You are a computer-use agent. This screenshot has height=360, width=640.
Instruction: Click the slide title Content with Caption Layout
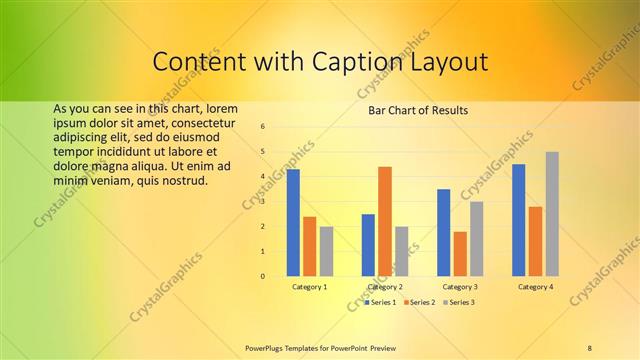pyautogui.click(x=320, y=62)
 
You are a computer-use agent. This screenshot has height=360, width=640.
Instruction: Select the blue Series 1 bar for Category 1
pyautogui.click(x=293, y=222)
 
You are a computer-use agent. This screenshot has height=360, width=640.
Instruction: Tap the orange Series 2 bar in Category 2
pyautogui.click(x=385, y=221)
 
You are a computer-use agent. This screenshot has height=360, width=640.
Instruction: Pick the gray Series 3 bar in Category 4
pyautogui.click(x=552, y=213)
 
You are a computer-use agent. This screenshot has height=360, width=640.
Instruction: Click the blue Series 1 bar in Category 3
pyautogui.click(x=444, y=232)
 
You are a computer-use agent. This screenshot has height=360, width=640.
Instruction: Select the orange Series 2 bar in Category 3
pyautogui.click(x=460, y=254)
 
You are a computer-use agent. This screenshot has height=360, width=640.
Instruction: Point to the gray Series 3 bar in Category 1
pyautogui.click(x=326, y=251)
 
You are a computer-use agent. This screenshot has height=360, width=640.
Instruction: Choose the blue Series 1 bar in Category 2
pyautogui.click(x=369, y=245)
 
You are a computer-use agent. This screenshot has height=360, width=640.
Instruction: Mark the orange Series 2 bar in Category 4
pyautogui.click(x=536, y=241)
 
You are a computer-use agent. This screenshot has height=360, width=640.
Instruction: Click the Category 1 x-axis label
pyautogui.click(x=310, y=287)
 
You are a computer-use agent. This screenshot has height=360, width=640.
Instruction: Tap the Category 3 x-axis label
pyautogui.click(x=460, y=287)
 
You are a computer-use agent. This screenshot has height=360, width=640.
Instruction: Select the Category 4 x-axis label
pyautogui.click(x=536, y=287)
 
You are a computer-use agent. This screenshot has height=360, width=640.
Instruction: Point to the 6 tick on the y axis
pyautogui.click(x=262, y=127)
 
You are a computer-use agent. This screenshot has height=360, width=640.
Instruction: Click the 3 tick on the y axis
pyautogui.click(x=262, y=201)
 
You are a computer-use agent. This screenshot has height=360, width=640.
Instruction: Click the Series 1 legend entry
pyautogui.click(x=380, y=302)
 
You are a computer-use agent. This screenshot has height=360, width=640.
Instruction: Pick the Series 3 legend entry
pyautogui.click(x=458, y=302)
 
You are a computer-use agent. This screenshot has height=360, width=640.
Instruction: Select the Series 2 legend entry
pyautogui.click(x=419, y=302)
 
